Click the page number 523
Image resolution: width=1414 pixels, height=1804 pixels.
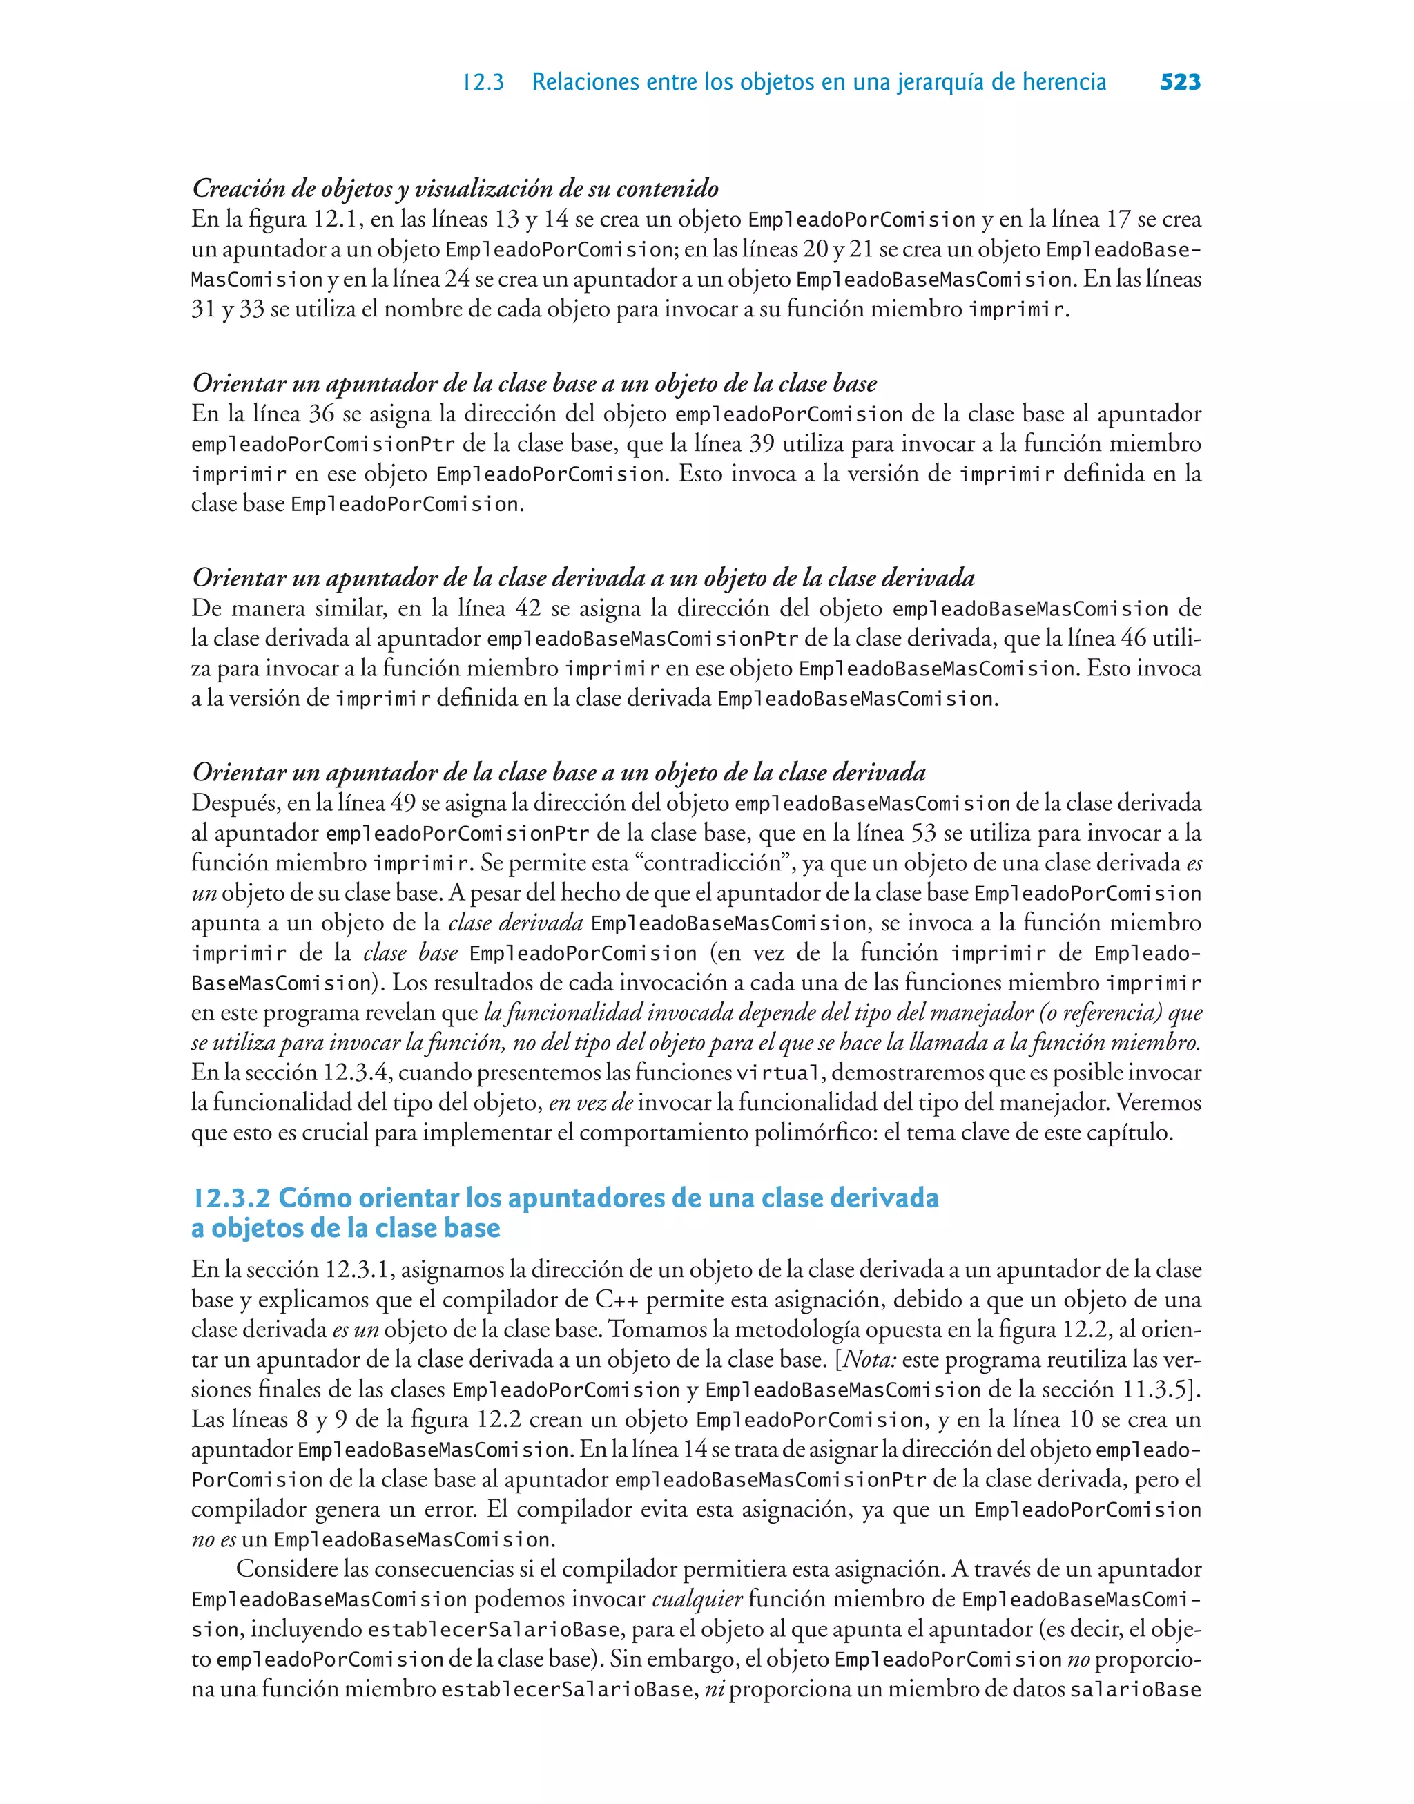(1180, 82)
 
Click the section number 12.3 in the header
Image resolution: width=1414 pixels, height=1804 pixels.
(483, 83)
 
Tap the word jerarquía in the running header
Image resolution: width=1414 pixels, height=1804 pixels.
(939, 83)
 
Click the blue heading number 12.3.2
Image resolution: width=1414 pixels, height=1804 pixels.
(231, 1198)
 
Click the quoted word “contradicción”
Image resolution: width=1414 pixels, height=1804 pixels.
(715, 863)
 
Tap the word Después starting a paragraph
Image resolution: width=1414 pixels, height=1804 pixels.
(234, 803)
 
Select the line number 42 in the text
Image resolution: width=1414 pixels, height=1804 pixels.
(528, 608)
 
